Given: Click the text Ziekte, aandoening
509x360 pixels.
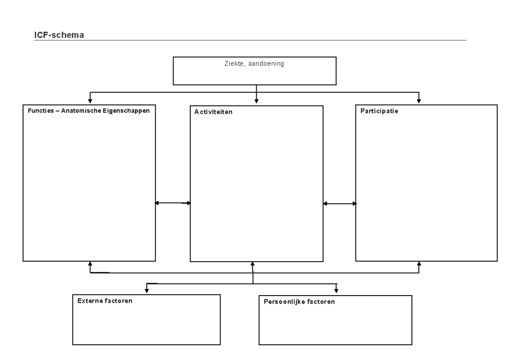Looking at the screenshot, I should point(254,64).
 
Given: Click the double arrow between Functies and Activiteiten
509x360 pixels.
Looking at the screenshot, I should point(173,203).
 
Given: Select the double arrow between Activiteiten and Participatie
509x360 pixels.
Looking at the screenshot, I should point(339,204).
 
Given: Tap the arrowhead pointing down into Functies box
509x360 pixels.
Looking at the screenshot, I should point(89,100).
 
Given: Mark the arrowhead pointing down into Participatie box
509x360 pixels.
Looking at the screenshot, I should point(419,100).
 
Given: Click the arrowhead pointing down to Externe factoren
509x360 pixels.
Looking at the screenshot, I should point(147,290).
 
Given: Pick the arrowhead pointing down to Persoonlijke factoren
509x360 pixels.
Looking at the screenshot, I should point(336,290).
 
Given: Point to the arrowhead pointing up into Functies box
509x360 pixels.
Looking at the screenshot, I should point(89,264).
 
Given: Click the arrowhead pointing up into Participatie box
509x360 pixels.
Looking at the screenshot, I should point(419,264).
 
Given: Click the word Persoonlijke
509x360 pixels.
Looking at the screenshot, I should point(282,302).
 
